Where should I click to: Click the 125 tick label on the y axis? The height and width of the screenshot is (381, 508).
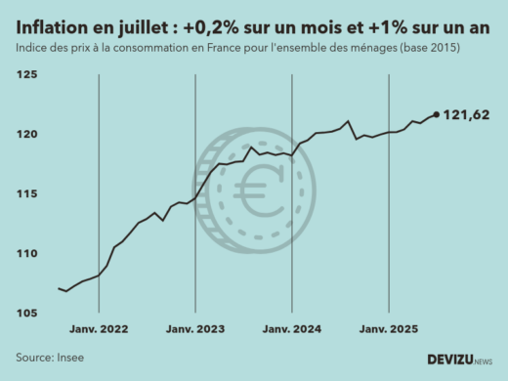tap(26, 75)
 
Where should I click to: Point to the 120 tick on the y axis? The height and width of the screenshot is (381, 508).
tap(26, 135)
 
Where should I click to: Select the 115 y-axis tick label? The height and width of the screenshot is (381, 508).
tap(26, 194)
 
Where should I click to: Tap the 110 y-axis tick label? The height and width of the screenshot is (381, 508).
tap(26, 254)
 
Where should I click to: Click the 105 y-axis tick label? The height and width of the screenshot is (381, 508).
tap(26, 314)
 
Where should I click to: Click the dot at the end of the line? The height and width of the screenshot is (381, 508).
tap(436, 114)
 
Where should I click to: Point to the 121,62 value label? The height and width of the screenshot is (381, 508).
tap(466, 115)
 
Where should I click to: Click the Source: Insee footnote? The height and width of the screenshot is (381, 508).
tap(50, 358)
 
